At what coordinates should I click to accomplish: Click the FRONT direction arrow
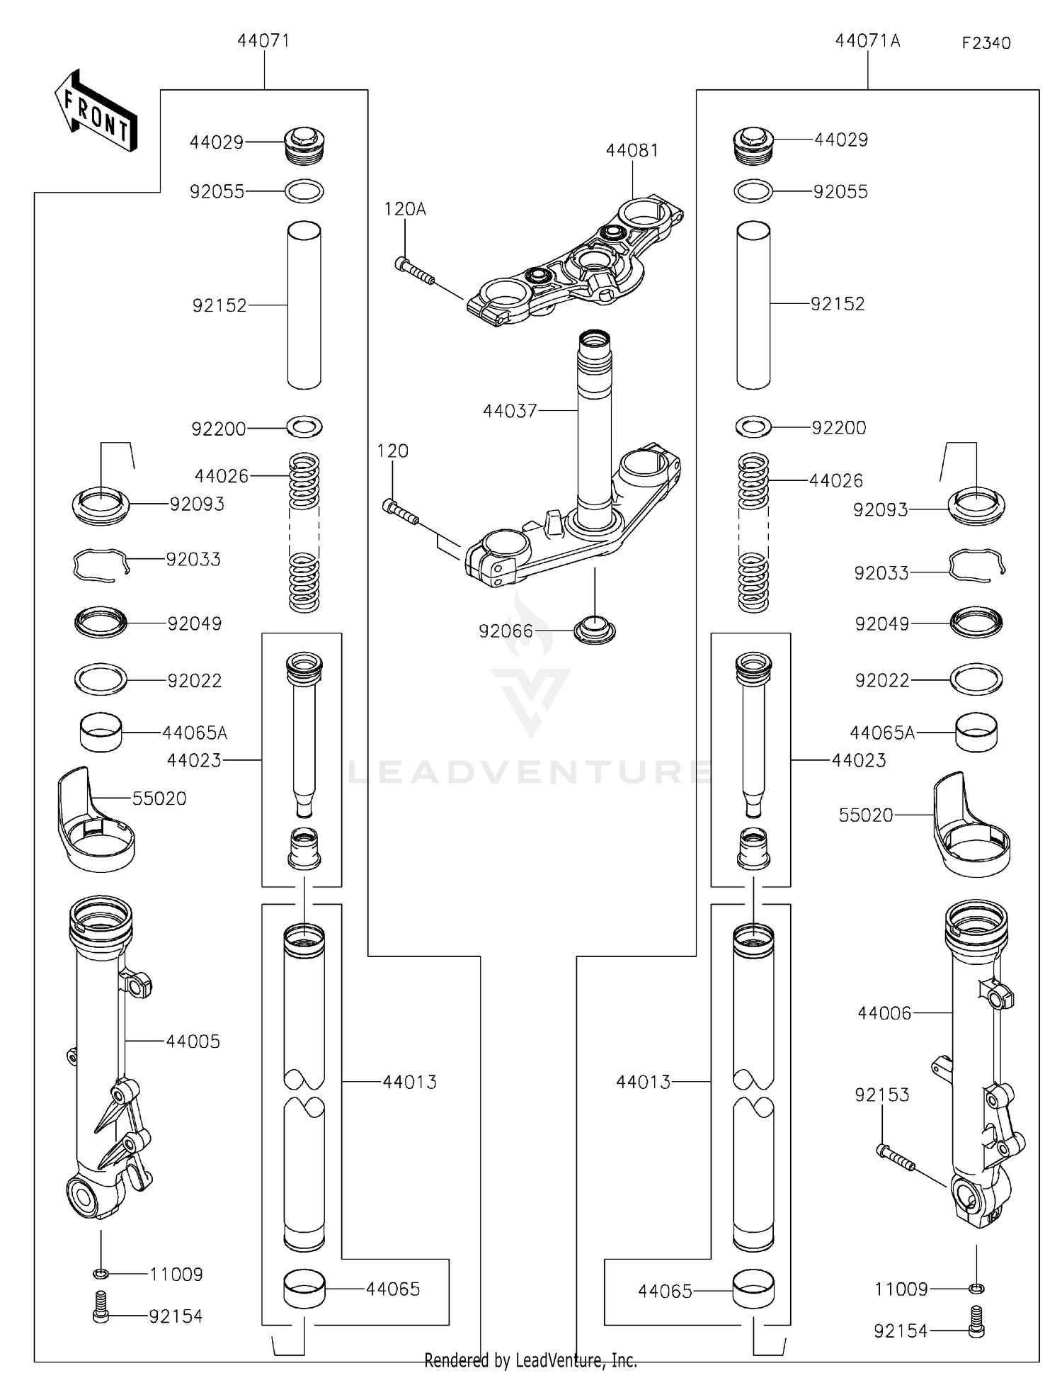coord(96,112)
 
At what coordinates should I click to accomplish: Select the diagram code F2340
coord(986,43)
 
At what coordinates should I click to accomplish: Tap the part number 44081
coord(632,151)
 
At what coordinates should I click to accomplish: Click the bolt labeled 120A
coord(413,271)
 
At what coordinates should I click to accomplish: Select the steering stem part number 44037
coord(510,411)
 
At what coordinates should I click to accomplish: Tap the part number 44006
coord(884,1014)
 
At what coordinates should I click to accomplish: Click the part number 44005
coord(193,1041)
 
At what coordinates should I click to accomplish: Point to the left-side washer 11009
coord(101,1275)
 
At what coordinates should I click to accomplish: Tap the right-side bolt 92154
coord(977,1331)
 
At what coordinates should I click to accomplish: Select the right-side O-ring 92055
coord(753,191)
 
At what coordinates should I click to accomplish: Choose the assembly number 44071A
coord(867,41)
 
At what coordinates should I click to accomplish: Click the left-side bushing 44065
coord(304,1289)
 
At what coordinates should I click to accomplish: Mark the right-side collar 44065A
coord(976,733)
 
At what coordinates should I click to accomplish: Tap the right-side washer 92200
coord(753,427)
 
